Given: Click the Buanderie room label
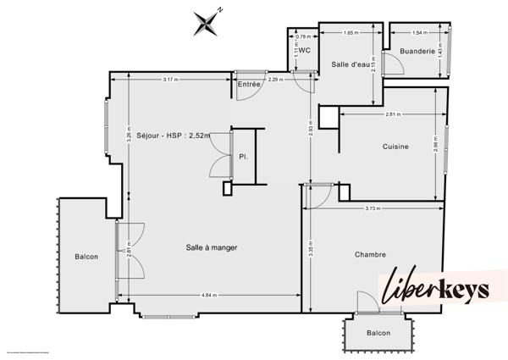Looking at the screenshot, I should click(x=417, y=52).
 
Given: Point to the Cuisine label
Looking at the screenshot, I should click(x=395, y=147).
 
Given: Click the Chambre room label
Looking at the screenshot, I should click(x=371, y=254).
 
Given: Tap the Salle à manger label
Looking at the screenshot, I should click(x=212, y=247).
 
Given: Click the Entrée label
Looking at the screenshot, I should click(x=249, y=84).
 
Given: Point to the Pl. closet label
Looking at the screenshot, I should click(x=243, y=157).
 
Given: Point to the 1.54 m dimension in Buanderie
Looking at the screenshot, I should click(x=417, y=33).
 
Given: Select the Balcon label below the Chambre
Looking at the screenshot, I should click(x=378, y=333).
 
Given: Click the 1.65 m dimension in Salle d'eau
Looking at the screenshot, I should click(x=351, y=33).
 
